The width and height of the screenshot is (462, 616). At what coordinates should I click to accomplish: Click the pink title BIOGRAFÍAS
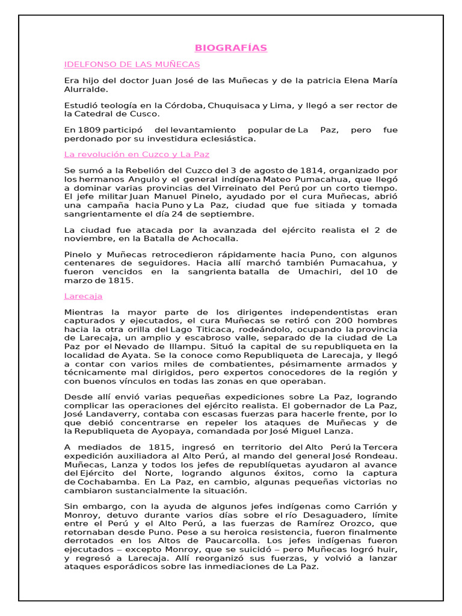[x=231, y=48]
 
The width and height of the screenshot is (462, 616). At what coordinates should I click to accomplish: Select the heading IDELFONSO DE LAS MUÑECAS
[x=132, y=64]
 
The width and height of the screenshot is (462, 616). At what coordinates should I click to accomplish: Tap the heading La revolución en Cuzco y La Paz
[x=137, y=155]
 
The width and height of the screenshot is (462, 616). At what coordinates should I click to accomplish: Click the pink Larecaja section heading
[x=83, y=296]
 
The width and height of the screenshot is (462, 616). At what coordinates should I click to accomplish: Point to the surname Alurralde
[x=87, y=89]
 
